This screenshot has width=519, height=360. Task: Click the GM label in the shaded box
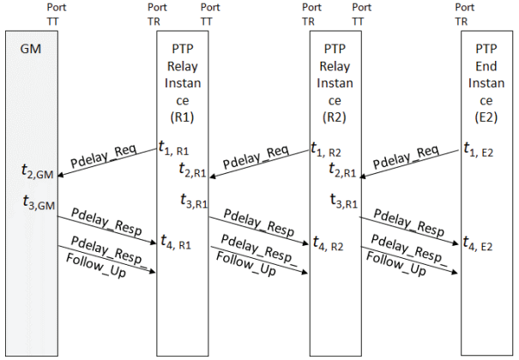(x=31, y=49)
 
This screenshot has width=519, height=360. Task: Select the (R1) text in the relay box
(x=182, y=117)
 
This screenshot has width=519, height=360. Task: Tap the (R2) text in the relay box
(x=335, y=117)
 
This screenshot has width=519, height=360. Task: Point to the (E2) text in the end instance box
(x=486, y=117)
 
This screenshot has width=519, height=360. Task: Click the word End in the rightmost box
(x=486, y=66)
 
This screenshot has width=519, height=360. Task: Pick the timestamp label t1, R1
(x=174, y=147)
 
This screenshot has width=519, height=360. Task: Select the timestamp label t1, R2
(x=326, y=149)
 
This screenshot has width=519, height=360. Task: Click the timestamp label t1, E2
(x=479, y=149)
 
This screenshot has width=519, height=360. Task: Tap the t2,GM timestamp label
(x=38, y=171)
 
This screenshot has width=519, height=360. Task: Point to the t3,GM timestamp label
(x=39, y=202)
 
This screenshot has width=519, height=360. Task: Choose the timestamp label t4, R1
(x=176, y=242)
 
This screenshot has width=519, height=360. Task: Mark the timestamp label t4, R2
(x=328, y=243)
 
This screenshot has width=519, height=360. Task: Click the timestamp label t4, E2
(x=478, y=243)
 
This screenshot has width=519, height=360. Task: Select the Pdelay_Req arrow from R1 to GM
(x=107, y=162)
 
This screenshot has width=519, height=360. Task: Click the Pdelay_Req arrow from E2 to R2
(x=409, y=164)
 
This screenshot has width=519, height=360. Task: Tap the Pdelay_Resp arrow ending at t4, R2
(x=258, y=231)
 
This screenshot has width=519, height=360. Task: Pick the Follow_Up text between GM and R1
(x=96, y=266)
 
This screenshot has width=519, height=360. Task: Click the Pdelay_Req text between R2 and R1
(x=256, y=158)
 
